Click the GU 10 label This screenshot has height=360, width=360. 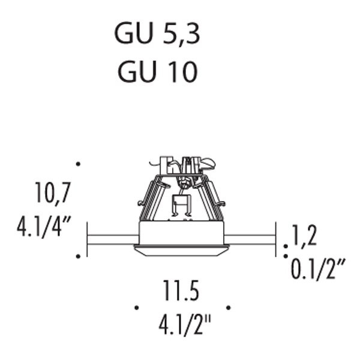157,71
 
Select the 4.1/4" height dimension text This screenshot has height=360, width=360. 44,227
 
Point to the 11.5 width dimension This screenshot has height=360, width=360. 181,290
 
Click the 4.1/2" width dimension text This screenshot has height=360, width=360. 185,325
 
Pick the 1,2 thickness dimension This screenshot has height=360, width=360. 304,236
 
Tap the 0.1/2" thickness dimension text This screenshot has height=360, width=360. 318,269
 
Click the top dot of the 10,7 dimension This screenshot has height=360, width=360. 78,164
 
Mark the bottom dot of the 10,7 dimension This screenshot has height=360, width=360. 78,256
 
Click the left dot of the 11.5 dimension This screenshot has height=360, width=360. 137,308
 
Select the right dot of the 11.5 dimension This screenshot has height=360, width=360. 229,308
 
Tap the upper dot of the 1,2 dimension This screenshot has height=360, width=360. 286,247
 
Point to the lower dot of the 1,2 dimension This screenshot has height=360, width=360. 286,256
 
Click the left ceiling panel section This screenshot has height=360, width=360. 113,239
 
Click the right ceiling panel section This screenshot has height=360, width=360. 250,239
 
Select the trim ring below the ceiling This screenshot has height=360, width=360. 182,250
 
